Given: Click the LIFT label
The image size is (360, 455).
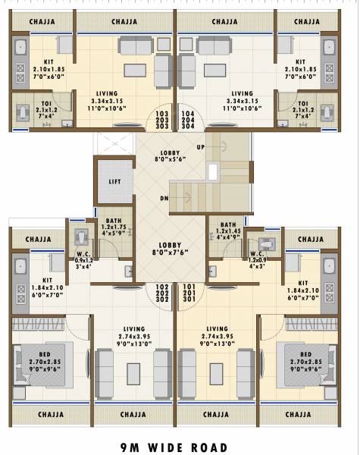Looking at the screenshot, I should pyautogui.click(x=115, y=182).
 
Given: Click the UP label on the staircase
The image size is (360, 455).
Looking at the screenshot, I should pyautogui.click(x=201, y=146).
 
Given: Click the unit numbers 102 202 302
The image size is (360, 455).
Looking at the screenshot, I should pyautogui.click(x=162, y=293).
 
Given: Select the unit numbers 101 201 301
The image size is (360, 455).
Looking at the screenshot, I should pyautogui.click(x=189, y=293).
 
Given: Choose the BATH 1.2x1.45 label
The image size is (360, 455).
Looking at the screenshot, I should pyautogui.click(x=227, y=229).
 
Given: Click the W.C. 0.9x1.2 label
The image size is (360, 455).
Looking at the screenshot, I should pyautogui.click(x=84, y=259).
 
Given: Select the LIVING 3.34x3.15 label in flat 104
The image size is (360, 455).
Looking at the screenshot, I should pyautogui.click(x=242, y=99).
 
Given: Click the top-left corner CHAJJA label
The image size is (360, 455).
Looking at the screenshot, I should pyautogui.click(x=41, y=21).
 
